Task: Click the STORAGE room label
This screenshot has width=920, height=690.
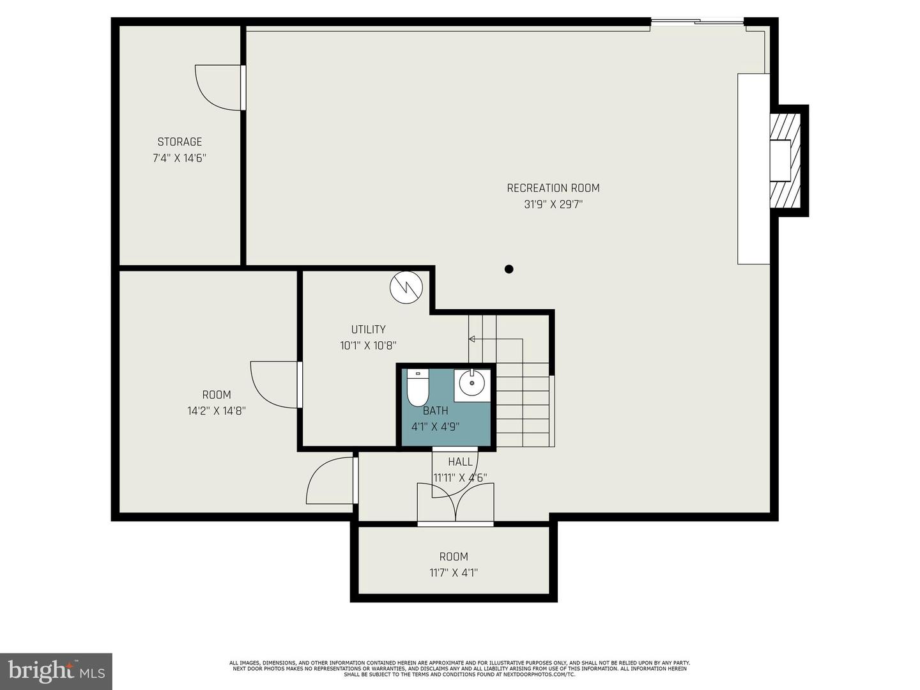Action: pos(180,142)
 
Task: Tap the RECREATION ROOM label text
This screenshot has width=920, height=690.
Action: pos(553,188)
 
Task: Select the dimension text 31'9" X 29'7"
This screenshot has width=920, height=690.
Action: pos(553,204)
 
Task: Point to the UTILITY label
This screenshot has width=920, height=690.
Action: pos(369,329)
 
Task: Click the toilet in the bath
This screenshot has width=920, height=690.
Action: pos(417,388)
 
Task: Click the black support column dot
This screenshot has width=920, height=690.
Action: pos(509,269)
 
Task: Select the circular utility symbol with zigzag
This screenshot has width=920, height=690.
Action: pos(406,287)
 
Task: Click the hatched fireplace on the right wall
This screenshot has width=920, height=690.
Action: pos(785,161)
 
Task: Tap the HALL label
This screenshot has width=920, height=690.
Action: pos(460,462)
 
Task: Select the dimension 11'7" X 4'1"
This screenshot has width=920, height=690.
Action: pos(454,572)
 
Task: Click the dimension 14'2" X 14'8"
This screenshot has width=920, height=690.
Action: pos(217,411)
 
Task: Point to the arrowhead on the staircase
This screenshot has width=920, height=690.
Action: pos(471,339)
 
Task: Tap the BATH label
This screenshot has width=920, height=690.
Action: pos(436,411)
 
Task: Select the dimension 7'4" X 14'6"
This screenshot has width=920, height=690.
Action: pos(180,158)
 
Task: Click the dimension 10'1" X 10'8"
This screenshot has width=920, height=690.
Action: pos(369,346)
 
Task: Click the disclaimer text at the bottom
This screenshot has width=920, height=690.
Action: pos(460,669)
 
